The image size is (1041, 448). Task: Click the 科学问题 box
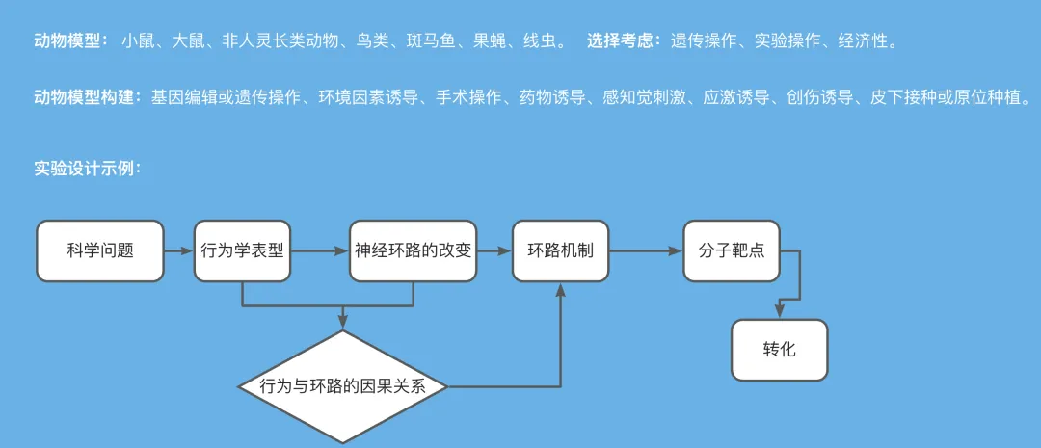[100, 250]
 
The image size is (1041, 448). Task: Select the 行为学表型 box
[242, 250]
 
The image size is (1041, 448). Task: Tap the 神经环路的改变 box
[413, 250]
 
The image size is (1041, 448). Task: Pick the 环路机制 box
[560, 250]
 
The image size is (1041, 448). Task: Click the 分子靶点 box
[732, 250]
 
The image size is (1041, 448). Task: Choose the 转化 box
[780, 350]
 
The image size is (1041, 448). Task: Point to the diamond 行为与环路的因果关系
[343, 386]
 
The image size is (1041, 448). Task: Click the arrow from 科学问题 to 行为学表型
[179, 251]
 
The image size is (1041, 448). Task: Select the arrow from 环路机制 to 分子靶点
[646, 251]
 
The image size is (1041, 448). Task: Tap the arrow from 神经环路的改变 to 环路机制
[494, 251]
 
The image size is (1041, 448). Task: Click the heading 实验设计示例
[88, 168]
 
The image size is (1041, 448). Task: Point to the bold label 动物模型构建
[87, 97]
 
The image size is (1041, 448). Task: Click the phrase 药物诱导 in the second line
[553, 97]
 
